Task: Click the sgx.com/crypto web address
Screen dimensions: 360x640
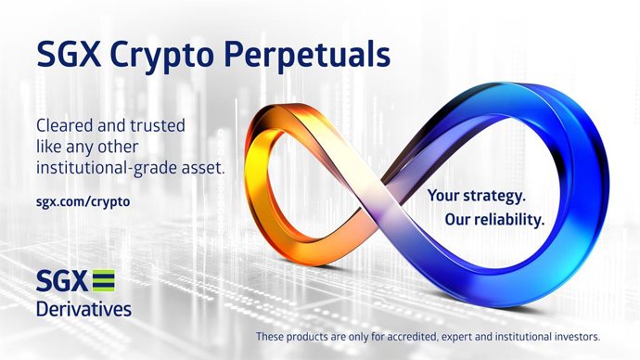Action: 82,199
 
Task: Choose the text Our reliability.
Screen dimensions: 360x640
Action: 483,222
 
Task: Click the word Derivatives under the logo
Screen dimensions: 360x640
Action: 83,308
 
